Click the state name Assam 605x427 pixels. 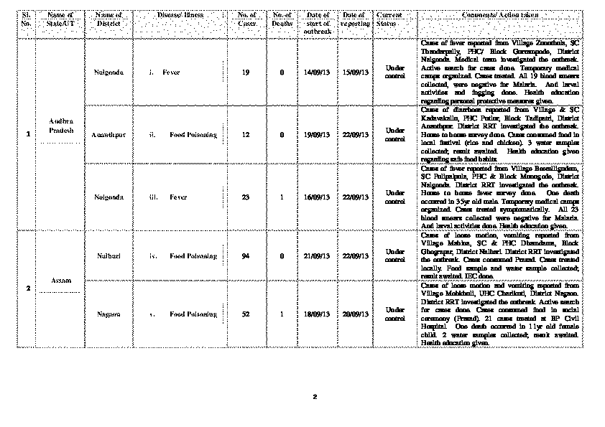coord(61,281)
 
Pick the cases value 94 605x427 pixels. coord(246,255)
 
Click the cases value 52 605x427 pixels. coord(246,314)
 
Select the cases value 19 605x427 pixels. coord(246,72)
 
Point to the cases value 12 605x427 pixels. coord(246,135)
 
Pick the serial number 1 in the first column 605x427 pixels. coord(28,135)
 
